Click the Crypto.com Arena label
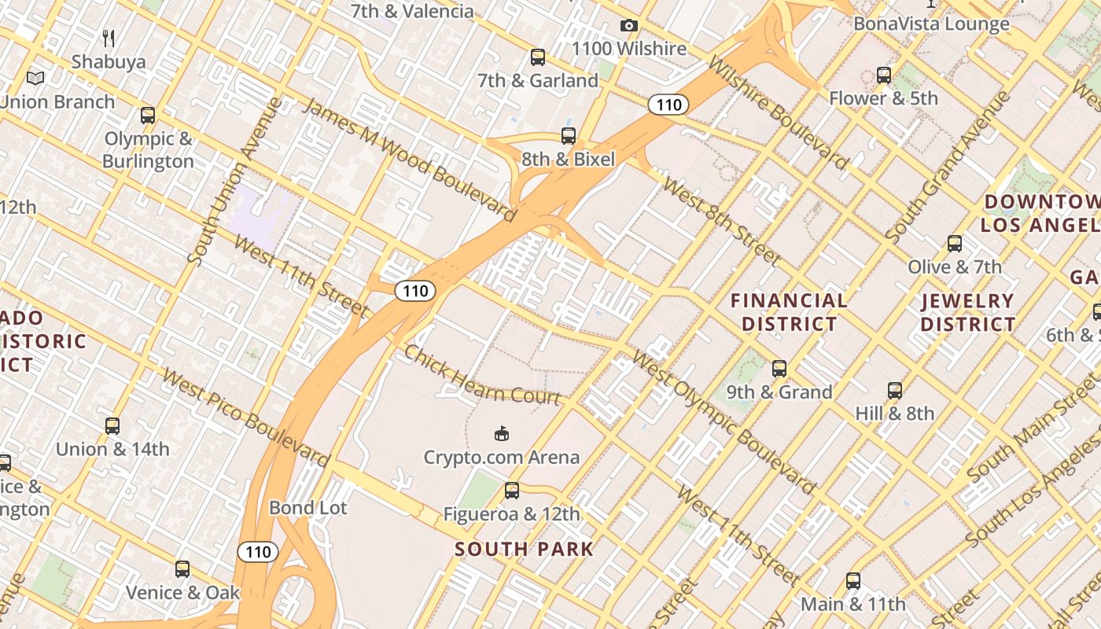(501, 457)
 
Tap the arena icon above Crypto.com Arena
(502, 433)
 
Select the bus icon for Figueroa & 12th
(512, 491)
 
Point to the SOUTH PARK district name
(524, 549)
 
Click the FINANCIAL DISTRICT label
(789, 312)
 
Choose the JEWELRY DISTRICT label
(968, 312)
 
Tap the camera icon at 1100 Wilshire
(628, 26)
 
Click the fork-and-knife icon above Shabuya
(109, 38)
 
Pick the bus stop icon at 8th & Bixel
(569, 136)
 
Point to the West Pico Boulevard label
(245, 417)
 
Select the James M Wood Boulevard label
(409, 160)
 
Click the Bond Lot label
(307, 508)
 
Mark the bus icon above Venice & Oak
(182, 568)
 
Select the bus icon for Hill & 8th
(895, 391)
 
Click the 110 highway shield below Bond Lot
(258, 552)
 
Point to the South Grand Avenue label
(947, 167)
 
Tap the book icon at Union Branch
(35, 78)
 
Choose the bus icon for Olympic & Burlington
(148, 116)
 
